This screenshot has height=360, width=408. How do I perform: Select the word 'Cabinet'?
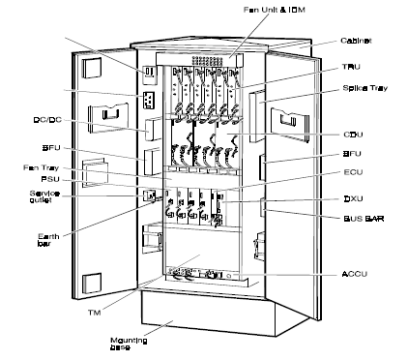tap(357, 41)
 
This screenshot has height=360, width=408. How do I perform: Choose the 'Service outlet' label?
tap(44, 197)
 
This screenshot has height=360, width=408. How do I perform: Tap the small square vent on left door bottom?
tap(93, 284)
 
